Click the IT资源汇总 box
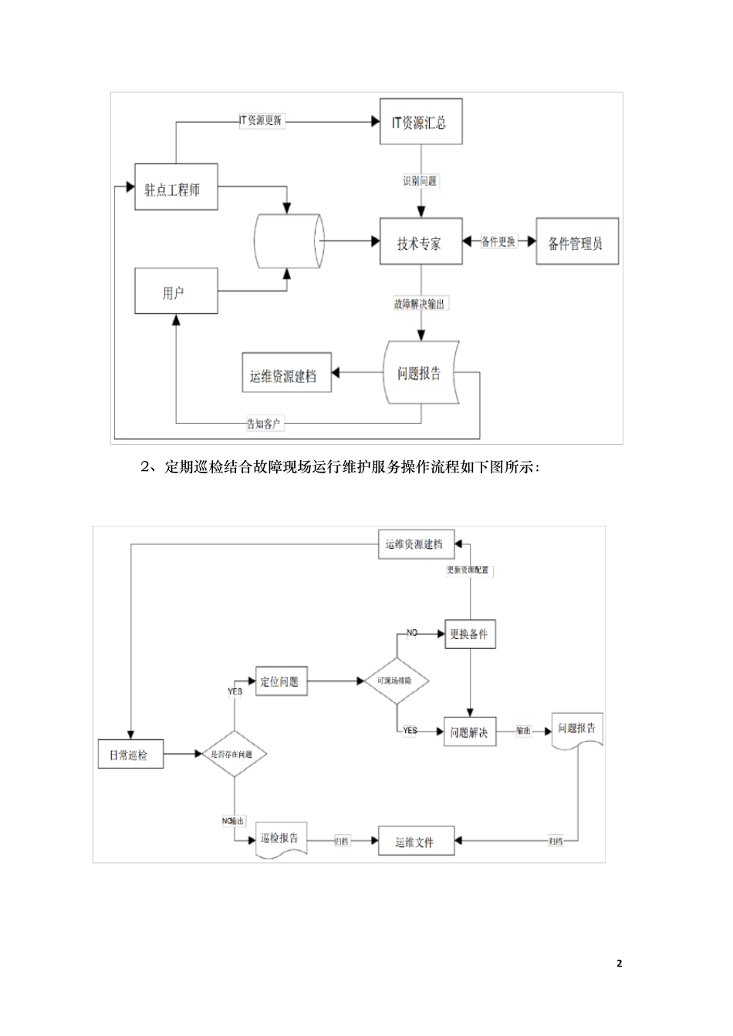tap(421, 122)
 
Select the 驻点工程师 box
tap(176, 188)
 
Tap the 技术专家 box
tap(421, 243)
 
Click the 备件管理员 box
tap(577, 243)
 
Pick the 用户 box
tap(176, 291)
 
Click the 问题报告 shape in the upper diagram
tap(421, 373)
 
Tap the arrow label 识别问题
tap(421, 181)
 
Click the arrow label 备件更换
tap(498, 241)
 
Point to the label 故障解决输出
tap(421, 304)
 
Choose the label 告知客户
tap(264, 423)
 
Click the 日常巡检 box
tap(131, 755)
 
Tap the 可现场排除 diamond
tap(397, 681)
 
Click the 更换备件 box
tap(470, 634)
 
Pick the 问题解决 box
tap(470, 732)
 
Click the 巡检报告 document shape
tap(281, 839)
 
